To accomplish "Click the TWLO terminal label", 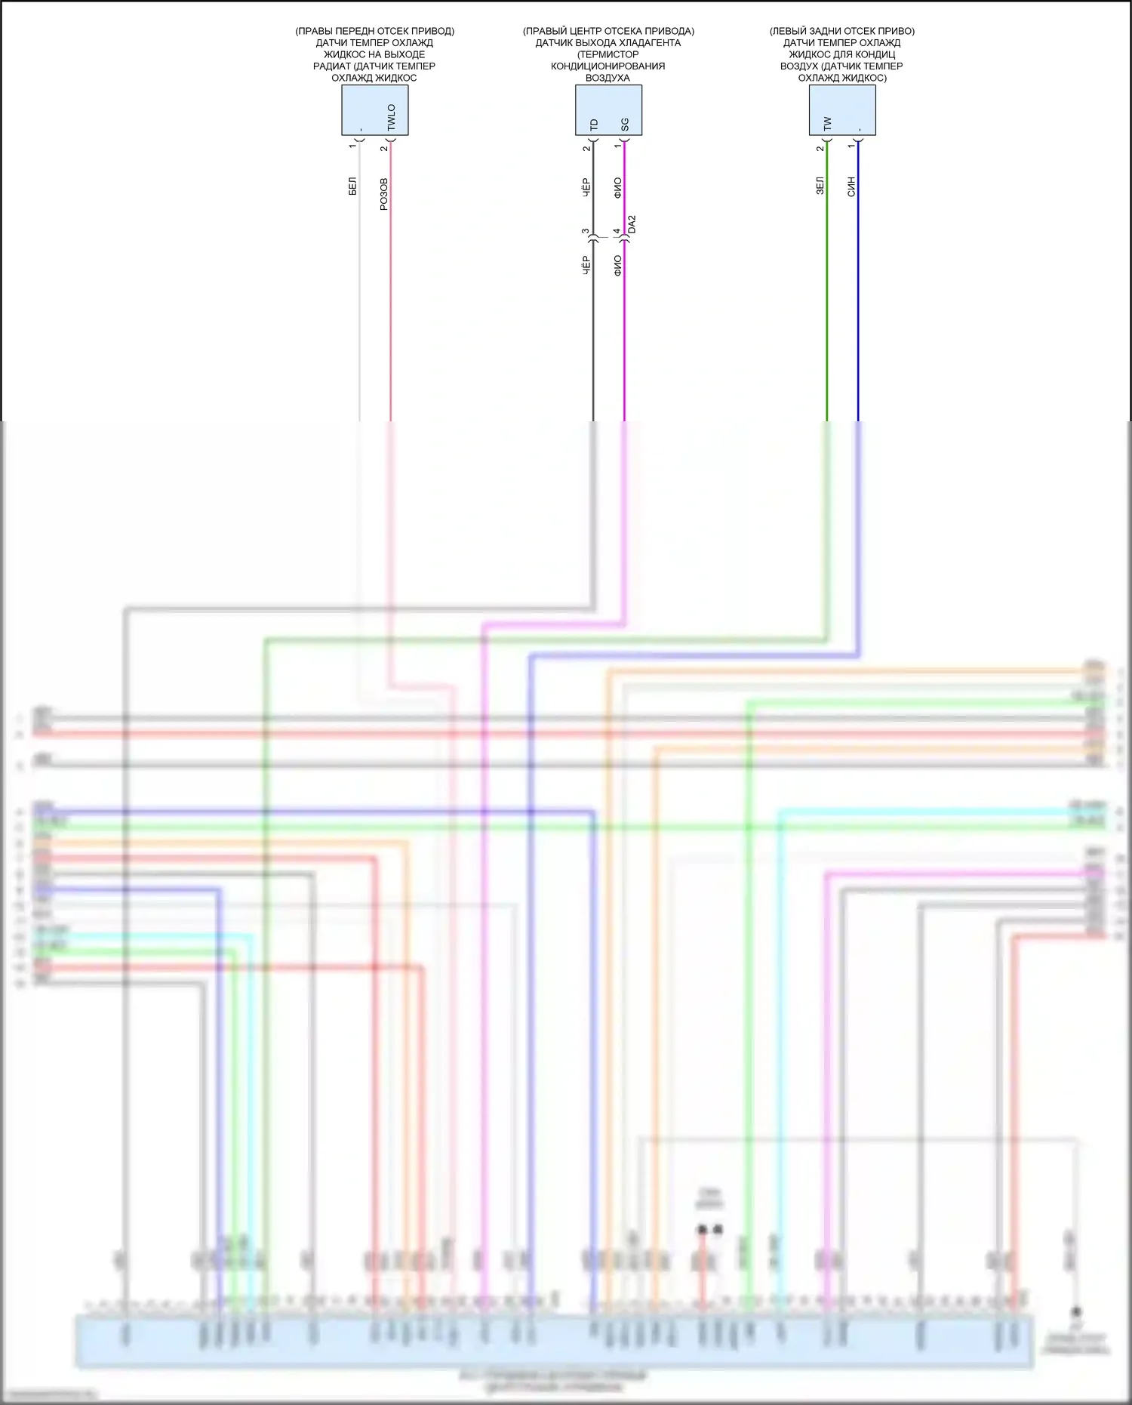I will (391, 117).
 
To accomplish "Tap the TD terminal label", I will (594, 124).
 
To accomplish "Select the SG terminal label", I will (625, 124).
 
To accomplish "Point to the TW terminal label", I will (828, 123).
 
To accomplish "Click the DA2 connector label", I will (632, 224).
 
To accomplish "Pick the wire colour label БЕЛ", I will (352, 186).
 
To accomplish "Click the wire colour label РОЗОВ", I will (383, 194).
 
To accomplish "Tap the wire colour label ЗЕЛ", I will (820, 186).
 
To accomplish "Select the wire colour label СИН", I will (851, 186).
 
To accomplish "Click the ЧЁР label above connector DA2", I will (586, 188).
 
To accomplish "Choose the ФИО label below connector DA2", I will (618, 265).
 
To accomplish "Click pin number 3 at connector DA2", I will (586, 232).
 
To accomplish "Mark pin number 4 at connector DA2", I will (617, 232).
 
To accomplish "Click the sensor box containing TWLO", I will (375, 110).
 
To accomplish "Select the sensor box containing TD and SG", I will (608, 110).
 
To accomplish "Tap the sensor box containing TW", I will (842, 110).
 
